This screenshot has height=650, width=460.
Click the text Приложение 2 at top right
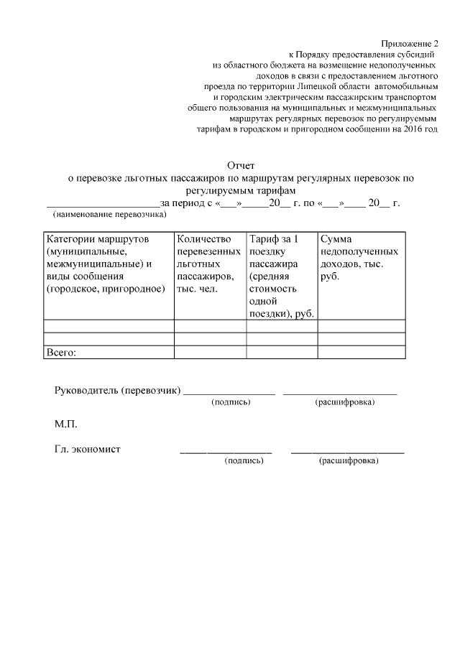coord(409,43)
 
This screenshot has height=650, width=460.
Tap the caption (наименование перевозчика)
coord(109,214)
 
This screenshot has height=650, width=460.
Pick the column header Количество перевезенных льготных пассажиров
coord(208,264)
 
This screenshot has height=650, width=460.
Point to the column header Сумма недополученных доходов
coord(359,251)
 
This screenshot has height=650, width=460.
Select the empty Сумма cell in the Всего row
coord(362,351)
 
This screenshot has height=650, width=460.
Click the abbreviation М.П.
coord(65,424)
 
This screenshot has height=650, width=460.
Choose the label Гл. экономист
coord(87,449)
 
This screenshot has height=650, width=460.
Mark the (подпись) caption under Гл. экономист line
coord(244,460)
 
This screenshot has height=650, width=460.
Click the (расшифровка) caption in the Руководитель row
coord(345,402)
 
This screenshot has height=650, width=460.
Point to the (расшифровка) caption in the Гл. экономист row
coord(349,460)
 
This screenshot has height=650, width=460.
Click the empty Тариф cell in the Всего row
coord(282,351)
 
